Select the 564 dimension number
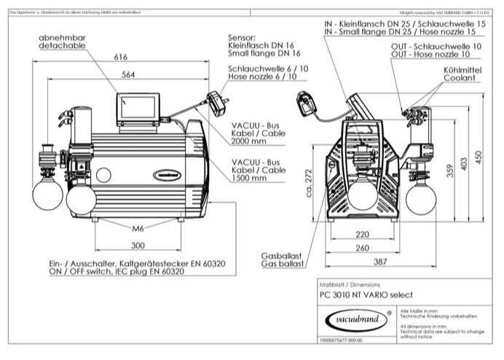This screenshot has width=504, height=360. [127, 74]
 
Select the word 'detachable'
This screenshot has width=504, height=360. [62, 45]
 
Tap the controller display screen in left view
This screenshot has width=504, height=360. [138, 109]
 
